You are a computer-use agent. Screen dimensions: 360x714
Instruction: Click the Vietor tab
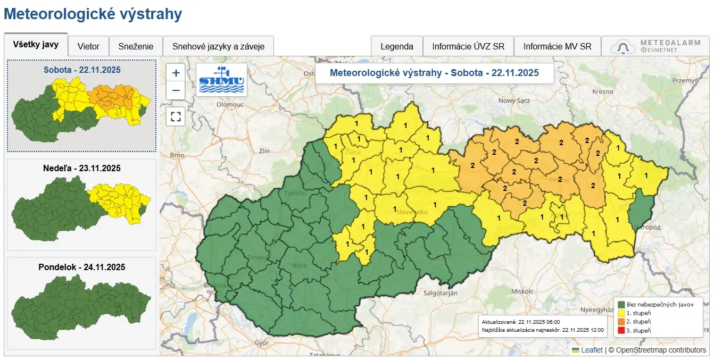point(88,46)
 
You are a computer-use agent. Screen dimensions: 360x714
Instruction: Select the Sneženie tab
point(136,46)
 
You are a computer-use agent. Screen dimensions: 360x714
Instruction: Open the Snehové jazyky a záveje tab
point(218,46)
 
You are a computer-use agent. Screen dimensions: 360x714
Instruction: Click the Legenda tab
point(396,46)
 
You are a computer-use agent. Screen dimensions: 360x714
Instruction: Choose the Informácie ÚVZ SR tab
point(468,46)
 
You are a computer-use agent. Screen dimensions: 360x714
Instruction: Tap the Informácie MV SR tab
point(557,46)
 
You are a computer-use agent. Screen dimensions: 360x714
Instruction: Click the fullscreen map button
point(176,116)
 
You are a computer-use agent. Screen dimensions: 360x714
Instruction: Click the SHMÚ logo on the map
point(221,80)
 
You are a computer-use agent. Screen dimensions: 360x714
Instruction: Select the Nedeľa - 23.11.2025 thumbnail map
point(81,205)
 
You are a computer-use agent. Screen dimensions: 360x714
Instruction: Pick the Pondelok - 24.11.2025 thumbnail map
point(81,303)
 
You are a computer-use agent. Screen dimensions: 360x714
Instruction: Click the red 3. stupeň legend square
point(621,331)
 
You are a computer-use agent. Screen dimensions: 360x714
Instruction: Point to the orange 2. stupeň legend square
point(621,322)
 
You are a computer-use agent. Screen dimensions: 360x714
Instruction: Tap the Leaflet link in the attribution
point(592,350)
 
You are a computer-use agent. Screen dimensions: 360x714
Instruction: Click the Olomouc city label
point(230,105)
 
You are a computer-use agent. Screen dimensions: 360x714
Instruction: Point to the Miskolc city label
point(522,291)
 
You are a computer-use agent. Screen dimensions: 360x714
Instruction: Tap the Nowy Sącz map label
point(514,101)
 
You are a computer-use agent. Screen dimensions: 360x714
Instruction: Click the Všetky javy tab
point(36,45)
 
